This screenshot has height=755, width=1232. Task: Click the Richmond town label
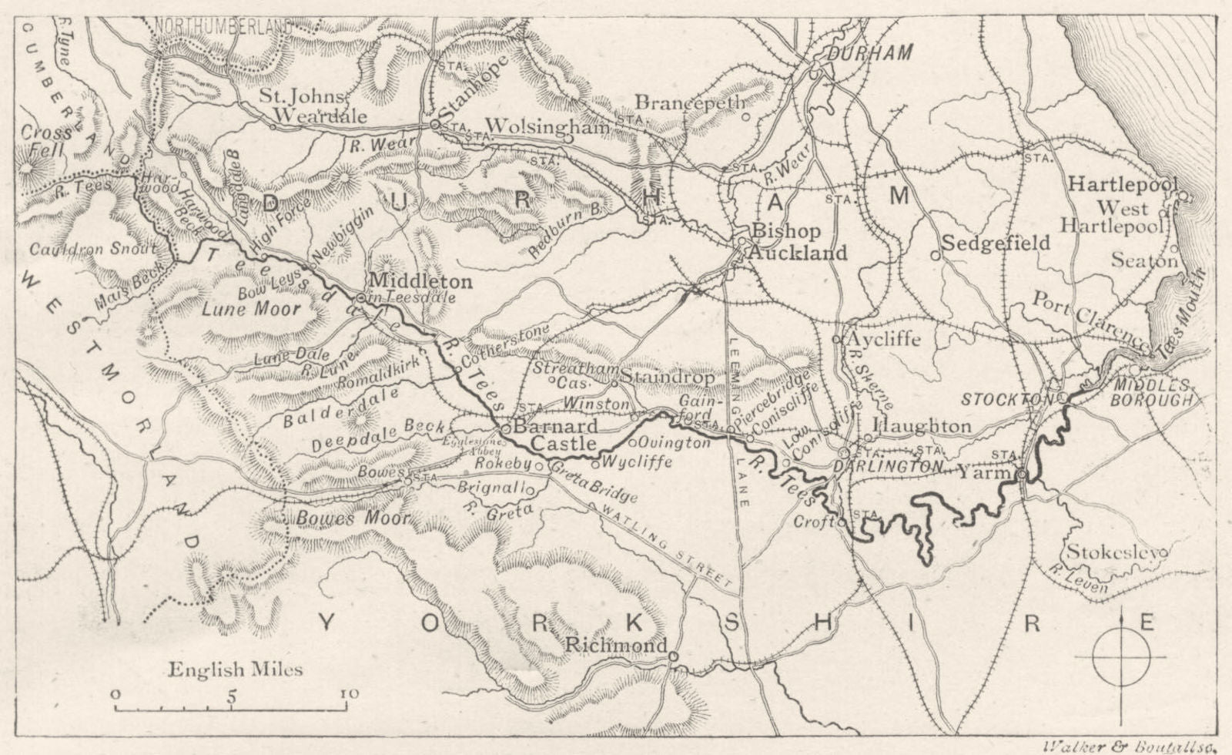615,646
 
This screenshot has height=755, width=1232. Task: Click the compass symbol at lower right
1121,658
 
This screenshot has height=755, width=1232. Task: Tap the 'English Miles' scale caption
236,669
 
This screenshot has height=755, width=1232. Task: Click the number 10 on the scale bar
349,693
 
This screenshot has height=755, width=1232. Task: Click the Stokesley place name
1115,552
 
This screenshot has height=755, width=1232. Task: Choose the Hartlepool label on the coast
1123,185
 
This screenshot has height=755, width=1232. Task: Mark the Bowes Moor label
352,518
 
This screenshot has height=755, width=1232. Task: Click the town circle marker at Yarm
1021,475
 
